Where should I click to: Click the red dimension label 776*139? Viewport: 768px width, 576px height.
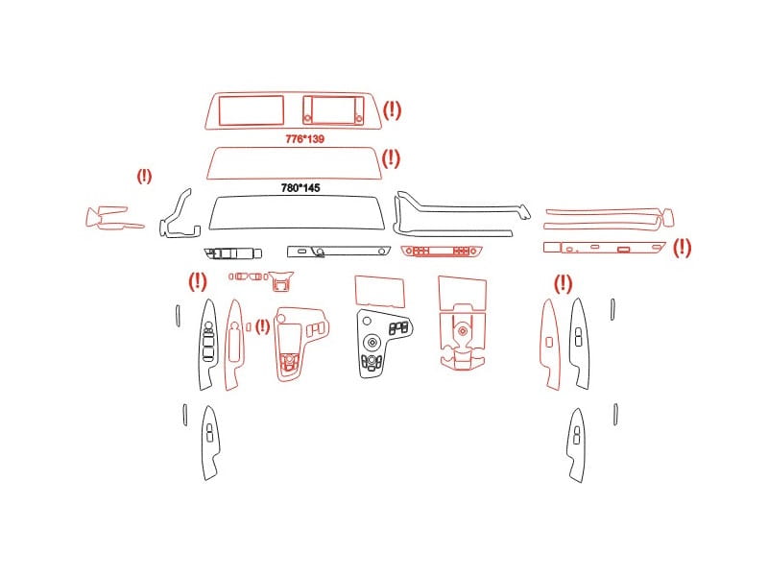(304, 139)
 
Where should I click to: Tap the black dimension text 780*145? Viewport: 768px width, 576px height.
(300, 188)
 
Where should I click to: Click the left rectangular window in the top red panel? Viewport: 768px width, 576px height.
(252, 110)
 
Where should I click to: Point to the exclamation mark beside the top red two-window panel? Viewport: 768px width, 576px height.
(392, 110)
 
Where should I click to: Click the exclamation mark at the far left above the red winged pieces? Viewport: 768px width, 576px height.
(144, 177)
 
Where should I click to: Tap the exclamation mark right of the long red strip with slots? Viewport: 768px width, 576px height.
(682, 248)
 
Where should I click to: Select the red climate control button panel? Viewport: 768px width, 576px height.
(442, 252)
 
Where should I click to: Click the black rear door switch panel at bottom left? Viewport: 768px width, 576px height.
(210, 444)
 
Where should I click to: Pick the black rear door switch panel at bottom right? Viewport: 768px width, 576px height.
(577, 445)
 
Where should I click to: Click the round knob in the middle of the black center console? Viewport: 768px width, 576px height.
(372, 342)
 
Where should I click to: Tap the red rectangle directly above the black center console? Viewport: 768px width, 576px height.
(379, 291)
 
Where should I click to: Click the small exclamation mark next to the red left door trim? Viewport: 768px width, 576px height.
(262, 326)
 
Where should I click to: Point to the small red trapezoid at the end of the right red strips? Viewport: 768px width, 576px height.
(667, 218)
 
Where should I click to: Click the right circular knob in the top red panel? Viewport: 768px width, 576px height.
(358, 118)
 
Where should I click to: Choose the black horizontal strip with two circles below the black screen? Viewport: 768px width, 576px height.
(339, 252)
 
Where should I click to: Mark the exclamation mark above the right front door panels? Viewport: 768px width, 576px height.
(563, 284)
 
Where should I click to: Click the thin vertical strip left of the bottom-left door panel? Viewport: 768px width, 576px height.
(185, 415)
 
